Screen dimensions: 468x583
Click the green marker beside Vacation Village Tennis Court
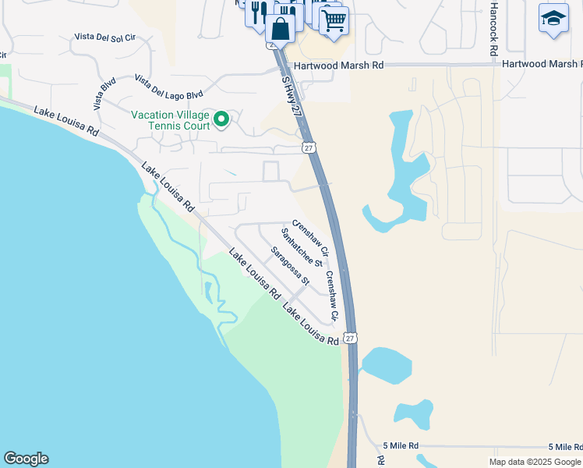click(x=221, y=119)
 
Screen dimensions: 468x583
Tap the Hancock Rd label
click(x=493, y=29)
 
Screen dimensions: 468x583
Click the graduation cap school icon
click(x=553, y=19)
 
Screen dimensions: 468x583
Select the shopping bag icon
click(x=280, y=29)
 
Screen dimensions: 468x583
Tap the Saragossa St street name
click(x=290, y=266)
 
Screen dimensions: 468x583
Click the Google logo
click(x=26, y=459)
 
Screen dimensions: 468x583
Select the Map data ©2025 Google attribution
click(x=535, y=462)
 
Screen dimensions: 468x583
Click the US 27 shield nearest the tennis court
click(x=309, y=147)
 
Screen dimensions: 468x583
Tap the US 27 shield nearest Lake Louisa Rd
click(x=351, y=338)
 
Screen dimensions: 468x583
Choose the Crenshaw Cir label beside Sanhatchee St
click(x=311, y=239)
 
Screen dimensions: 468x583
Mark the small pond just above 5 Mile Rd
click(x=413, y=415)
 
